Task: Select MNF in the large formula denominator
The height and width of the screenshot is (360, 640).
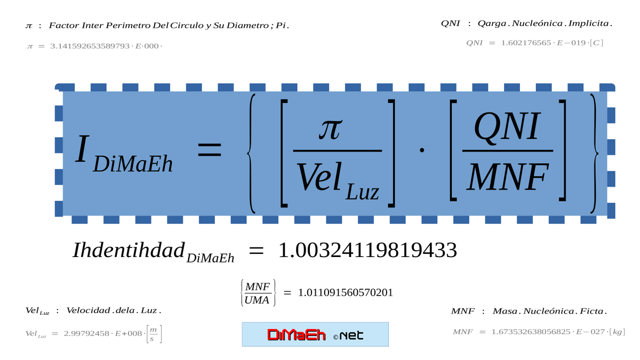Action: coord(507,177)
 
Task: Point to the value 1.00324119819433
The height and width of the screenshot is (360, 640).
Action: coord(367,250)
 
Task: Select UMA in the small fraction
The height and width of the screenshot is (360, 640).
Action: coord(258,300)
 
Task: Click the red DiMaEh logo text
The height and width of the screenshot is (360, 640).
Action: coord(297,335)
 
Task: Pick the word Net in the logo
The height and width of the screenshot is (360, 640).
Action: coord(351,335)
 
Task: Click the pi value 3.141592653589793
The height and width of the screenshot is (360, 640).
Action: coord(90,46)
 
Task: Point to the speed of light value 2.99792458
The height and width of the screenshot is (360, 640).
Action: coord(89,333)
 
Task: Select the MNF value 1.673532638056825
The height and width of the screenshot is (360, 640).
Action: coord(534,332)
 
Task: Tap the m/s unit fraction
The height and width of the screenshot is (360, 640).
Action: coord(153,333)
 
